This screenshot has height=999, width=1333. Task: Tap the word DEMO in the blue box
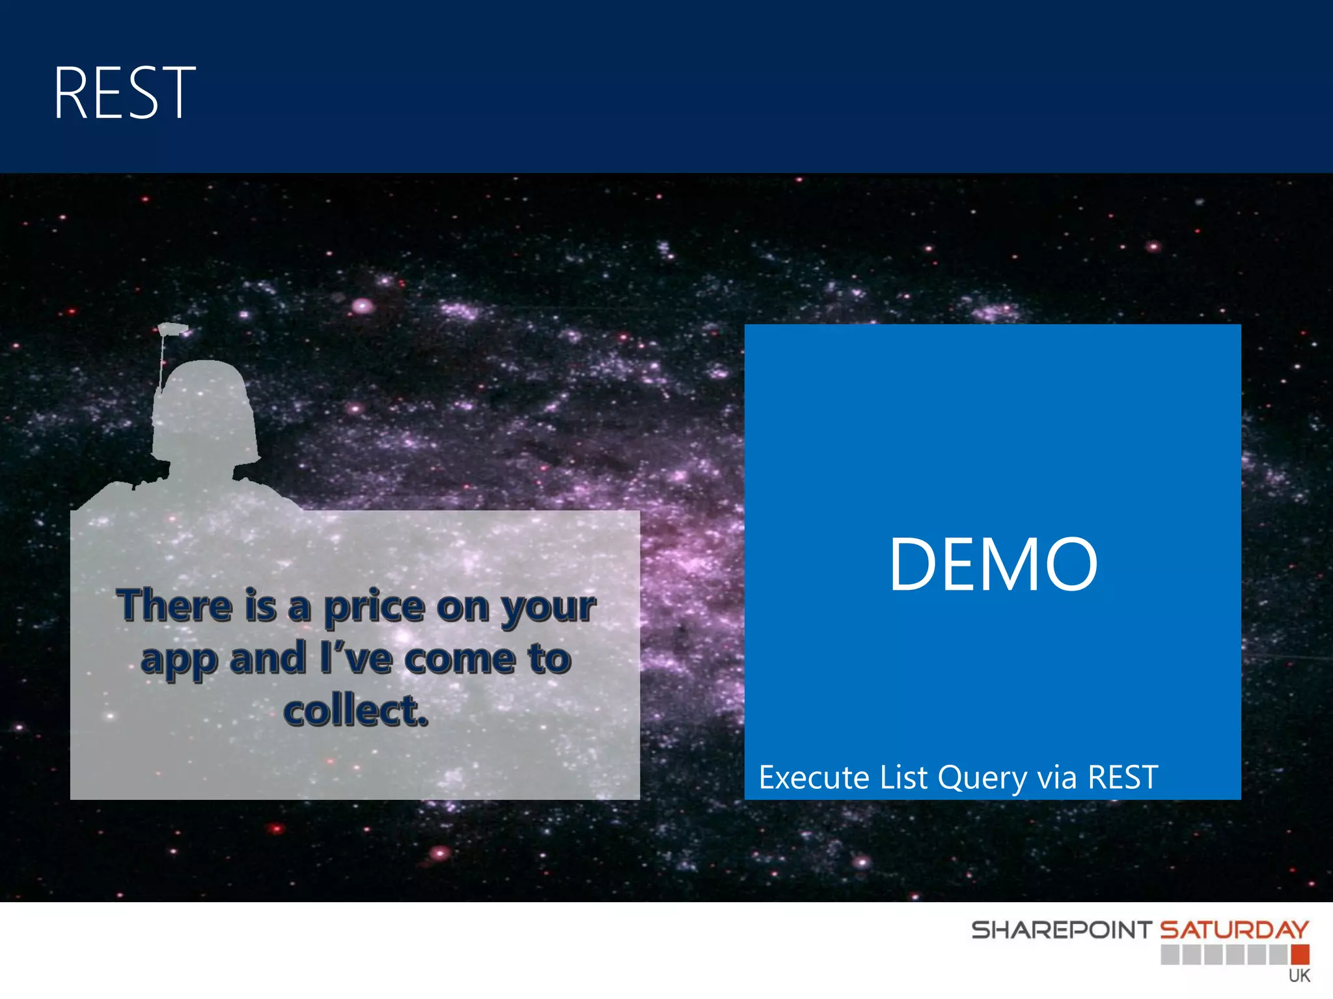click(x=993, y=564)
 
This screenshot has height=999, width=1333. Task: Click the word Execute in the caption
click(x=814, y=778)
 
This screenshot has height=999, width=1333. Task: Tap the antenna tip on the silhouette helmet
click(x=173, y=328)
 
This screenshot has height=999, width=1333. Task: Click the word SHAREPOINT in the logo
click(x=1061, y=930)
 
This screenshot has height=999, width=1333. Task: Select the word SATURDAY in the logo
click(x=1234, y=930)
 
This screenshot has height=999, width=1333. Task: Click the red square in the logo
click(x=1300, y=955)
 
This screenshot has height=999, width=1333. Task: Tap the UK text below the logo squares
click(x=1299, y=976)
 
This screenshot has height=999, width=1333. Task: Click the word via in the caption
click(x=1057, y=778)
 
